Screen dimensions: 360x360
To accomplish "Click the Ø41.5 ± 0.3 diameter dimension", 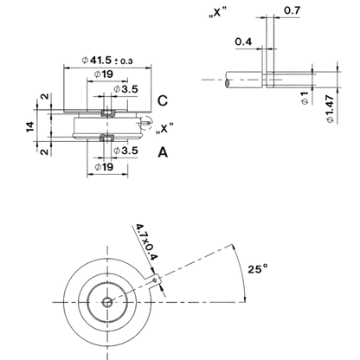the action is pyautogui.click(x=107, y=61).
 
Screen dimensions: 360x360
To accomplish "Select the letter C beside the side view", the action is pyautogui.click(x=163, y=100).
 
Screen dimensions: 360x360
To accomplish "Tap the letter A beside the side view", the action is pyautogui.click(x=163, y=152).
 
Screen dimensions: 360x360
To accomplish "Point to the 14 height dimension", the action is pyautogui.click(x=30, y=126).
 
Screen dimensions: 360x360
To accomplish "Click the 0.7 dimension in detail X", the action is pyautogui.click(x=292, y=10).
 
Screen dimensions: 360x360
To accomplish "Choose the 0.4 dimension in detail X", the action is pyautogui.click(x=243, y=42).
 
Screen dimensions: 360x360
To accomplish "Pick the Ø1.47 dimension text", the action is pyautogui.click(x=331, y=109).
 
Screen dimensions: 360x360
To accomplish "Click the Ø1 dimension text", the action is pyautogui.click(x=305, y=98).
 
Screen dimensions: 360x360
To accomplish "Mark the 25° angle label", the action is pyautogui.click(x=258, y=269).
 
